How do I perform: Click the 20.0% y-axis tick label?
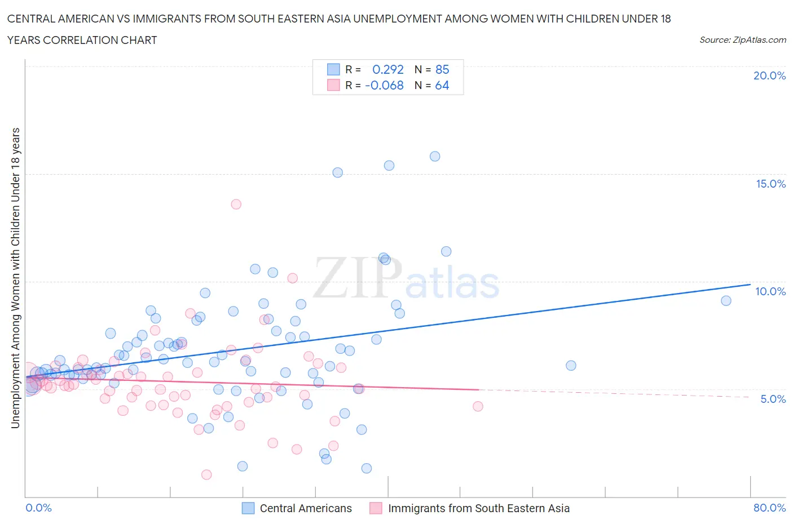pos(769,76)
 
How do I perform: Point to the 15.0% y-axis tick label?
pos(770,184)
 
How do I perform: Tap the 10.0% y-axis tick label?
pos(770,291)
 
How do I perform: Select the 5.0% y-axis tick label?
pos(773,399)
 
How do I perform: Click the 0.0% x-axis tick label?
pos(38,508)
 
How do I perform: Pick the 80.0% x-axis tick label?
pos(769,508)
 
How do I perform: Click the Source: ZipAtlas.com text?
pos(742,40)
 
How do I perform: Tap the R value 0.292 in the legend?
pos(388,69)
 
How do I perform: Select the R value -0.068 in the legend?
pos(384,85)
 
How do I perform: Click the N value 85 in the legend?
pos(442,69)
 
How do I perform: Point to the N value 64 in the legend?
pos(442,85)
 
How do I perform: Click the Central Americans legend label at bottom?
pos(306,508)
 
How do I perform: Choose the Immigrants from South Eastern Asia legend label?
pos(479,508)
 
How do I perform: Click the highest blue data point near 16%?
pos(435,157)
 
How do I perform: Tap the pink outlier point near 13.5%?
pos(236,204)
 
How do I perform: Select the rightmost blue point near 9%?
pos(726,301)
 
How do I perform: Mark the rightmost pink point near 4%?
pos(478,406)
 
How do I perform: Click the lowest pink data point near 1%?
pos(206,475)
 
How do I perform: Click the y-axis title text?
pos(16,278)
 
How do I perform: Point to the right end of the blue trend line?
pos(750,285)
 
